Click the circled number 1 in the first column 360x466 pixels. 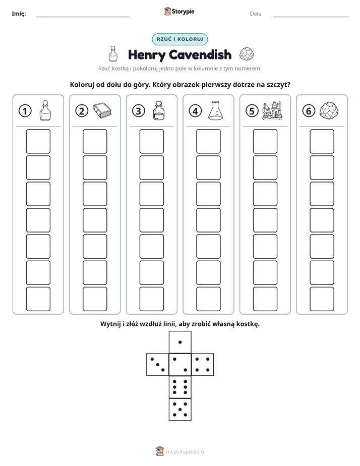(x=25, y=111)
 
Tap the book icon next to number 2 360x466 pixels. (x=102, y=110)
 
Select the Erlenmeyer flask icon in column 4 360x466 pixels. (x=215, y=110)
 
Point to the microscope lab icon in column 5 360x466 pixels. (x=272, y=110)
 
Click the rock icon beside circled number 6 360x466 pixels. (x=329, y=110)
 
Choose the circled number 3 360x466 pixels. (x=139, y=111)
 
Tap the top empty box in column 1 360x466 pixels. (x=38, y=141)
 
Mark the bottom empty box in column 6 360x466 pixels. (x=322, y=299)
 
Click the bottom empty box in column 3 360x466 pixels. (x=151, y=299)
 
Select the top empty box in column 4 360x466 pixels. (x=208, y=141)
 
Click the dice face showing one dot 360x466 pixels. (x=180, y=342)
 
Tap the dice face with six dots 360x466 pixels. (x=180, y=387)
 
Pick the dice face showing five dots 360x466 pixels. (x=180, y=410)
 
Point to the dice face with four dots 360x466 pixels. (x=203, y=365)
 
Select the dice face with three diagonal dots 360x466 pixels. (x=158, y=365)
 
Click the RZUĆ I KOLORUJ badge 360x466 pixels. (x=179, y=39)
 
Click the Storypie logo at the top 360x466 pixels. (x=179, y=11)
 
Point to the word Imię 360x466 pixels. (x=19, y=14)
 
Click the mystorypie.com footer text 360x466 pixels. (x=185, y=452)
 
